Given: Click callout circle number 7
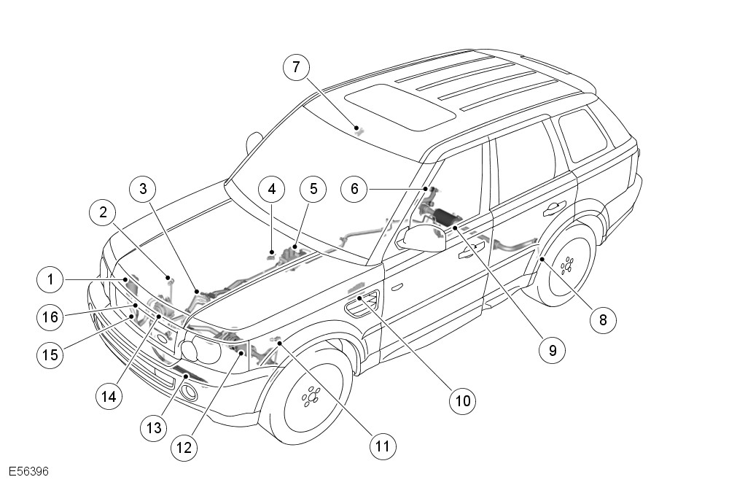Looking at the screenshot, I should pyautogui.click(x=296, y=68).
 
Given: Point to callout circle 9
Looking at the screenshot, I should pyautogui.click(x=552, y=350).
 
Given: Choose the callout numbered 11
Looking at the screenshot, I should pyautogui.click(x=381, y=445).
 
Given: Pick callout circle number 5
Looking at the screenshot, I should pyautogui.click(x=313, y=189).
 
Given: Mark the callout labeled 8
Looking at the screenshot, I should pyautogui.click(x=603, y=319).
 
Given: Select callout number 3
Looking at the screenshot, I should pyautogui.click(x=143, y=189).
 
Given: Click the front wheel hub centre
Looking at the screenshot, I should pyautogui.click(x=311, y=397).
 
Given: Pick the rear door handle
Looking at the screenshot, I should pyautogui.click(x=554, y=208).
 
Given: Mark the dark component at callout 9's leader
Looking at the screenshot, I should pyautogui.click(x=445, y=215).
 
